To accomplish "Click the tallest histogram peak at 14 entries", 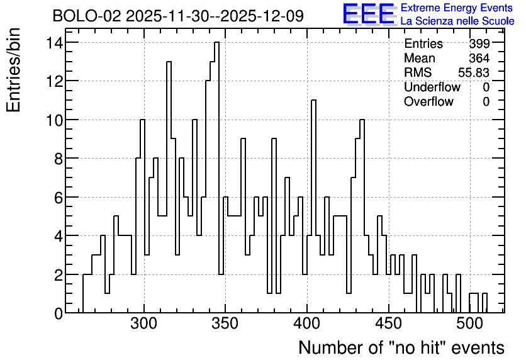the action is point(216,42).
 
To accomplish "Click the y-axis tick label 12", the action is point(55,81).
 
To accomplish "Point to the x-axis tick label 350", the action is point(225,324).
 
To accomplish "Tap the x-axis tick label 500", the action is point(469,324).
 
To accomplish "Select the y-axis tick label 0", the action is point(59,313).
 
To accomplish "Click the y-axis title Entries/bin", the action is point(13,70).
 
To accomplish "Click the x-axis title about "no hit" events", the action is point(401,347).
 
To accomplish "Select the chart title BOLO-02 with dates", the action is point(178,16).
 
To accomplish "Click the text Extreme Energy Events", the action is point(457,8).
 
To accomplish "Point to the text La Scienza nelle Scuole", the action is point(457,21).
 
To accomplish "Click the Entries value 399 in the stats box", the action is point(479,43).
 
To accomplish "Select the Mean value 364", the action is point(479,58).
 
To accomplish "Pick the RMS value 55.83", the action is point(474,72).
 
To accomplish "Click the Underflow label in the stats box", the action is point(432,87).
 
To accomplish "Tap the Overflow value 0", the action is point(486,101).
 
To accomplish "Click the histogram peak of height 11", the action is point(314,100).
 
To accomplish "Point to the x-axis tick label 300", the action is point(144,324).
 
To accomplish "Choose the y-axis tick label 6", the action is point(59,198).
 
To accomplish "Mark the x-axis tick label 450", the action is point(388,324).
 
